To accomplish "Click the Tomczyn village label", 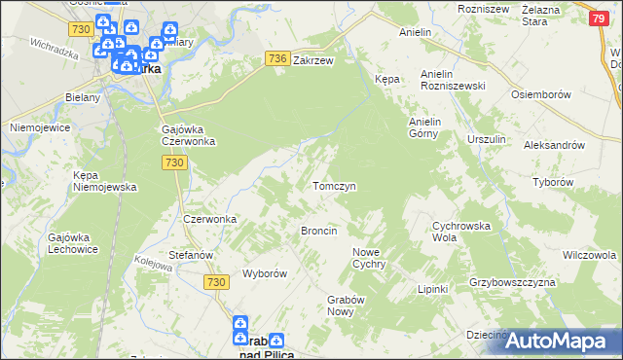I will (333, 185).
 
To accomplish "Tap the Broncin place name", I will (319, 231).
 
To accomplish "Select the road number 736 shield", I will (276, 59).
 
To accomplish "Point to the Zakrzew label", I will (313, 59).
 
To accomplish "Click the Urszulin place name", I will (487, 139).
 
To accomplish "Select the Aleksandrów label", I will (553, 144).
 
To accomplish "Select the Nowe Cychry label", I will (369, 258).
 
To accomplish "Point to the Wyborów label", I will (264, 273).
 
